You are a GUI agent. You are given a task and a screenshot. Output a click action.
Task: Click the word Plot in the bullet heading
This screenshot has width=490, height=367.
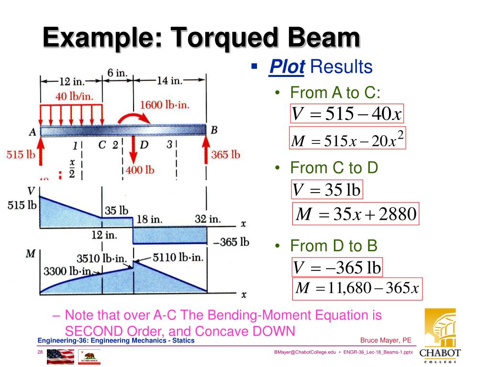(287, 67)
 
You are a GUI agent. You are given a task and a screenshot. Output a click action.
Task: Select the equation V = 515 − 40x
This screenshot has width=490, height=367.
(347, 114)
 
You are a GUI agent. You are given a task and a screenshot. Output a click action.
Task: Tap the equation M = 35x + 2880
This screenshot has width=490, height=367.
(356, 214)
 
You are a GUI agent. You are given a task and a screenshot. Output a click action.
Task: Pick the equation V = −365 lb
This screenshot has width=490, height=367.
(337, 268)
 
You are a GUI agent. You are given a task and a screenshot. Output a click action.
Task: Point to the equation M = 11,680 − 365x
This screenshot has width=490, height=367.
(357, 289)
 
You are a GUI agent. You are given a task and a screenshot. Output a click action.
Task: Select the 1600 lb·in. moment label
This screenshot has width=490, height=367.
(165, 105)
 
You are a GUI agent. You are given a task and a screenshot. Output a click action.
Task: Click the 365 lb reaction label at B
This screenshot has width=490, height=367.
(225, 154)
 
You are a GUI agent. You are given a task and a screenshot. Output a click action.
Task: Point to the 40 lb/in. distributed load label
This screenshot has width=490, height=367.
(75, 96)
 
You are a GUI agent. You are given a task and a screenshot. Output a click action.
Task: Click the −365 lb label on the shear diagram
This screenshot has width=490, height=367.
(231, 242)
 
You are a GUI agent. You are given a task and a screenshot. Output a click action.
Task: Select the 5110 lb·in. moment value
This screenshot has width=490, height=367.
(178, 258)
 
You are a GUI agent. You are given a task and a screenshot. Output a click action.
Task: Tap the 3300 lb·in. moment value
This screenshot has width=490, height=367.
(67, 272)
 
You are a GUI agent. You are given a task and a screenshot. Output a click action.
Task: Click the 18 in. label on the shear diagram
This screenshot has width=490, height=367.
(149, 219)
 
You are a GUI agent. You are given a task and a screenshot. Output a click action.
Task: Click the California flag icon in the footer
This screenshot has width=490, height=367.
(89, 356)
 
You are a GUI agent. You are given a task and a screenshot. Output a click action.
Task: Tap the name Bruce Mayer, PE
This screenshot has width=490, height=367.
(386, 340)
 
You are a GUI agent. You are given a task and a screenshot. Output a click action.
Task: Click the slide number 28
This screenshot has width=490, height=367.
(41, 353)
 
